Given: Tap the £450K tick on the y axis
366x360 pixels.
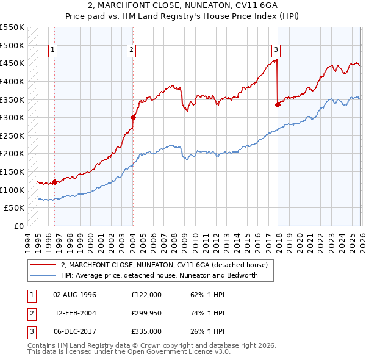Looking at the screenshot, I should (x=12, y=63).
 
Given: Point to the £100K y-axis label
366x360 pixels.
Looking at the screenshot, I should (x=12, y=190).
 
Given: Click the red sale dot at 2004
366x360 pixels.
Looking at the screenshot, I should (x=133, y=117).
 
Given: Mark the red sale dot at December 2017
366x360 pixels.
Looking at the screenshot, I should (x=278, y=104).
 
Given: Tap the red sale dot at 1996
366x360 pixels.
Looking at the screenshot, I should (x=54, y=181).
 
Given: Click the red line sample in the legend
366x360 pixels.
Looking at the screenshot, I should (x=43, y=265).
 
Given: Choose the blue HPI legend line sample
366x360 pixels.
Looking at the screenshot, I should (x=43, y=275).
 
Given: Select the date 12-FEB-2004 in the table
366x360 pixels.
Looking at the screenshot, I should (x=75, y=313).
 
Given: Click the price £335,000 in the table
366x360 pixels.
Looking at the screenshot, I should (x=146, y=331).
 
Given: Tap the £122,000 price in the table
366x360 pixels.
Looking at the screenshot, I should (x=146, y=295).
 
